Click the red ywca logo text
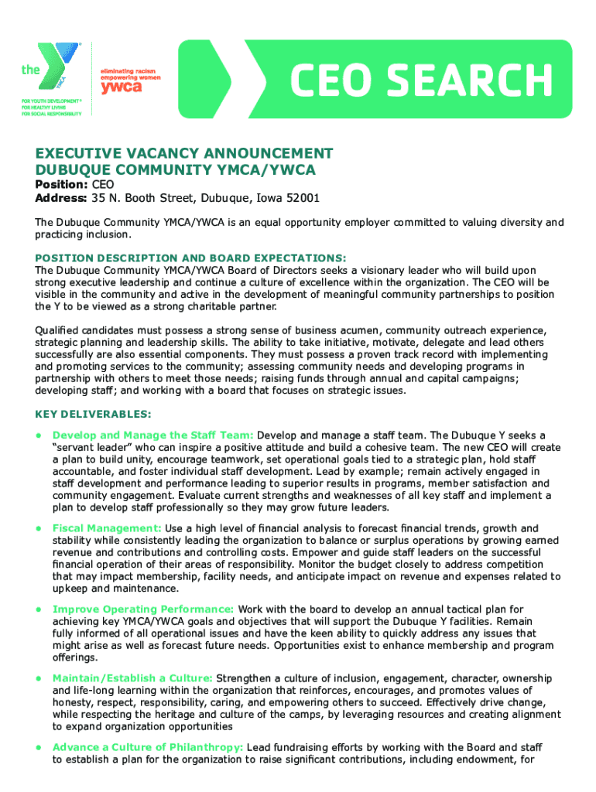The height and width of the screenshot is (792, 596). click(121, 87)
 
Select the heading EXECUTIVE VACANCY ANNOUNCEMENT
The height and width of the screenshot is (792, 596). click(184, 153)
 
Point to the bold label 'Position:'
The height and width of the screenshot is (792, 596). click(62, 185)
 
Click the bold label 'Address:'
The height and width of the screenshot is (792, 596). click(62, 199)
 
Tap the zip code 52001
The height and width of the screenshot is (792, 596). click(302, 199)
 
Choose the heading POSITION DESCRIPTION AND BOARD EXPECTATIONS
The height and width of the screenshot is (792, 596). click(190, 258)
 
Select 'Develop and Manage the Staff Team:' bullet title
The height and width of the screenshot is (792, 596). click(152, 435)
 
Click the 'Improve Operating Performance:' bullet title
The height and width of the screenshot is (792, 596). click(143, 609)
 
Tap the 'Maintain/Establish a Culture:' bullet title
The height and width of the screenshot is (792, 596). click(132, 678)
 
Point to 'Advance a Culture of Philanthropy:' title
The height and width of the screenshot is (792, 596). click(148, 748)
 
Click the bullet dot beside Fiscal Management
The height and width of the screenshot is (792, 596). click(37, 528)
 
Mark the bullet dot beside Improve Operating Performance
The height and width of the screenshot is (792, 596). click(37, 609)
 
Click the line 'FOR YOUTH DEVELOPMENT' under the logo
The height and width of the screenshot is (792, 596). click(50, 101)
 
